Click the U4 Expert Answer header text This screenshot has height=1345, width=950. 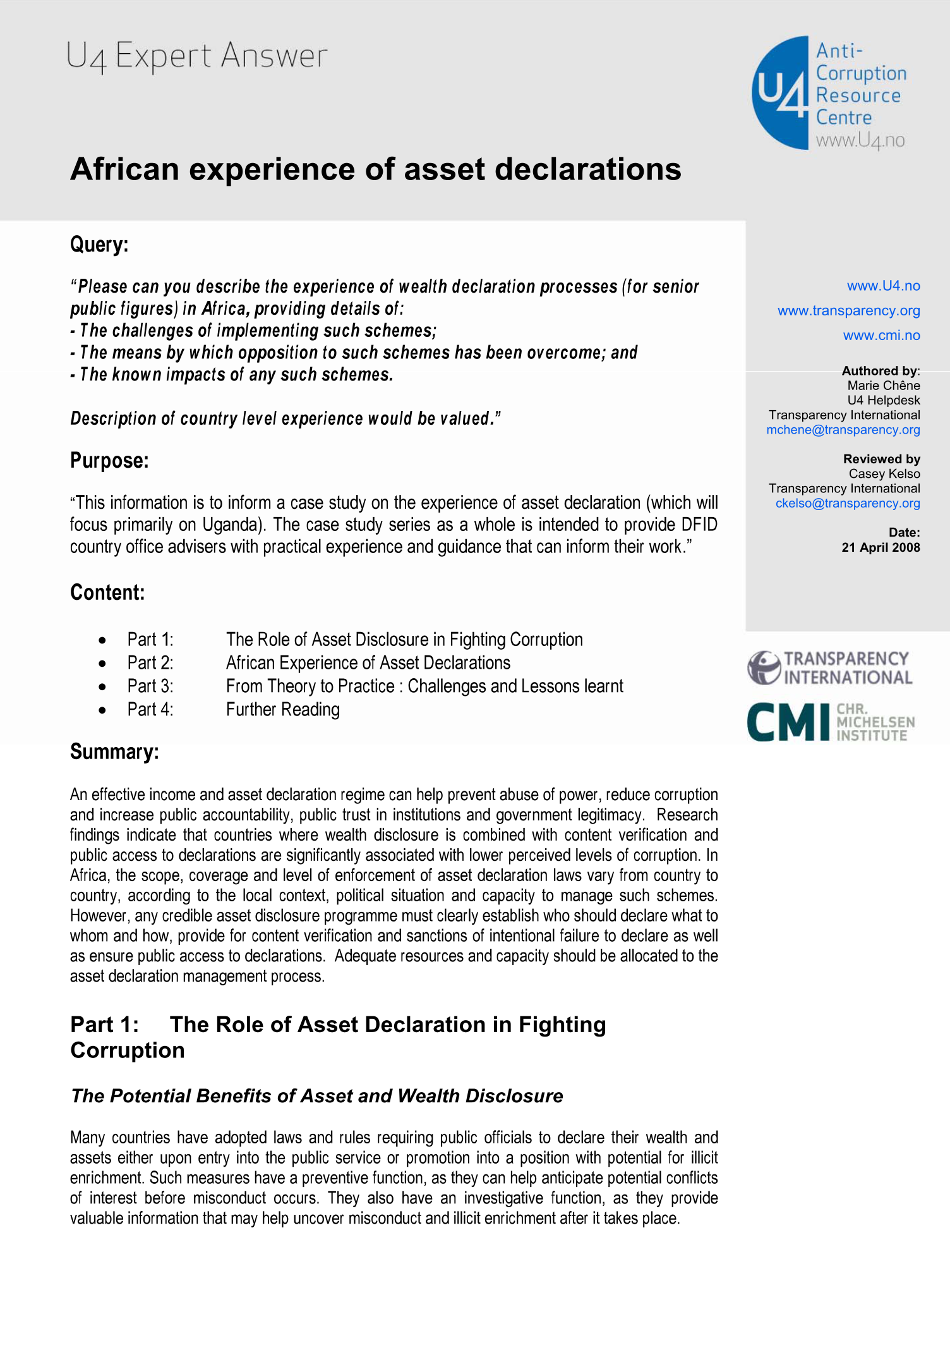[x=196, y=56]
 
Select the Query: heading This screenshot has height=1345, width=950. [x=99, y=244]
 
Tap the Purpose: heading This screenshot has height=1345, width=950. [x=109, y=460]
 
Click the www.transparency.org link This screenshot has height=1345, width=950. [x=848, y=310]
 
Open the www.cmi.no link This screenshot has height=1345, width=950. [x=881, y=335]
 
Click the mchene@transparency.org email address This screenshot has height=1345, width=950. [x=843, y=430]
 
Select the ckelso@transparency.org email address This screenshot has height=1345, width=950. [x=847, y=503]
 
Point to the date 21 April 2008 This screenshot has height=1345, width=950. [x=881, y=547]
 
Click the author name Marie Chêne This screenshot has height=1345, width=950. [x=883, y=386]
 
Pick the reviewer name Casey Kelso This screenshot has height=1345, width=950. [x=884, y=473]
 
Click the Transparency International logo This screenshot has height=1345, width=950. [x=830, y=668]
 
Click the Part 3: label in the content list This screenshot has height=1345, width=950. [x=150, y=686]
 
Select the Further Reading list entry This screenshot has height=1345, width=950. [x=283, y=709]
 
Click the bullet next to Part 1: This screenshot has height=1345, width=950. [x=102, y=640]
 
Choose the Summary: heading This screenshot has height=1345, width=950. [x=114, y=752]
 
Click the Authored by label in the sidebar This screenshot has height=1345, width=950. [x=880, y=370]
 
